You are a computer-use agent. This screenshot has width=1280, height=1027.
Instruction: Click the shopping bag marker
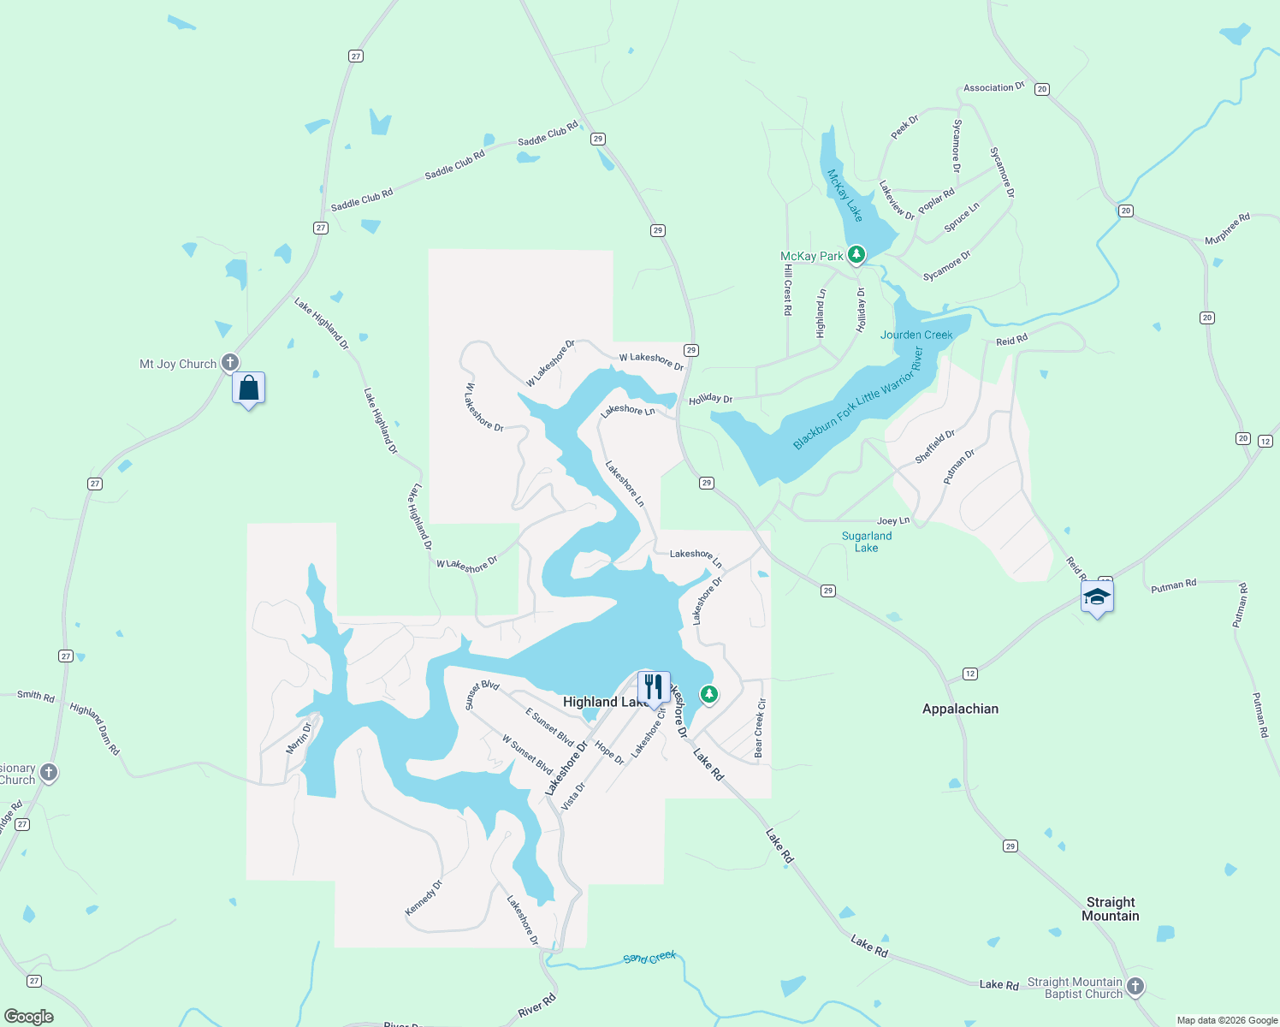(x=248, y=389)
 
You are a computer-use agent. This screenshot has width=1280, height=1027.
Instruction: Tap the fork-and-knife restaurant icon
(x=654, y=687)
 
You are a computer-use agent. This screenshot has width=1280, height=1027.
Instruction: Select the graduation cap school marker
(x=1097, y=597)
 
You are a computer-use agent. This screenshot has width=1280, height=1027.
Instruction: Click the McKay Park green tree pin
(x=856, y=254)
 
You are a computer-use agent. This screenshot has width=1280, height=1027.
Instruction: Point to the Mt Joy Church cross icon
(x=229, y=363)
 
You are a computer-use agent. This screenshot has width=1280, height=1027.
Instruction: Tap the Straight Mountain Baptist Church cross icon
(x=1135, y=987)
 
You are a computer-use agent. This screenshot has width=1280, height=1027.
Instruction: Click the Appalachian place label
(x=960, y=709)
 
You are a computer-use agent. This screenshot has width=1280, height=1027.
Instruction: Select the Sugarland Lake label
(x=867, y=542)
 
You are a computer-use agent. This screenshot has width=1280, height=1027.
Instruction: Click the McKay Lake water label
(x=844, y=195)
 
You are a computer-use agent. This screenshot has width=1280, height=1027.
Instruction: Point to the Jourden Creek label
(x=916, y=335)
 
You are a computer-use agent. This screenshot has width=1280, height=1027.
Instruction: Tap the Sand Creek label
(x=649, y=958)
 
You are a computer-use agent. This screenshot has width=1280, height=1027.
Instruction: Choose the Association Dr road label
(x=993, y=87)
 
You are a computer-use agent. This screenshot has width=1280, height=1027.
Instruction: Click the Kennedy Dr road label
(x=424, y=899)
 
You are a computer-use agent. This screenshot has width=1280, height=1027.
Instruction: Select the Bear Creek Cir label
(x=759, y=728)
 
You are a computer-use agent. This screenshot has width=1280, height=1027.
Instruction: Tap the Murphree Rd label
(x=1227, y=229)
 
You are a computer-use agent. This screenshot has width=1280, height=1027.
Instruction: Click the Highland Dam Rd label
(x=95, y=728)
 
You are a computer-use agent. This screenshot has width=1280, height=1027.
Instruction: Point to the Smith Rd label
(x=36, y=696)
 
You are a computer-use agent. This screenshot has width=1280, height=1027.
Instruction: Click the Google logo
(x=29, y=1016)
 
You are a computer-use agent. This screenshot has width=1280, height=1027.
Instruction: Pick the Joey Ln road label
(x=893, y=520)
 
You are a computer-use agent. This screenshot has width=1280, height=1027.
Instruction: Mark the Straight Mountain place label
(x=1110, y=909)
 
